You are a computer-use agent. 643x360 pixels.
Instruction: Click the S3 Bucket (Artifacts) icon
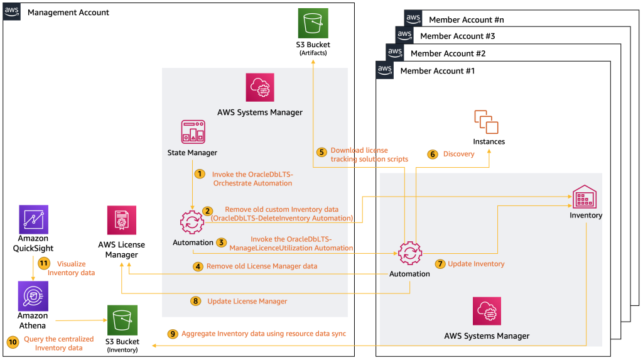click(313, 23)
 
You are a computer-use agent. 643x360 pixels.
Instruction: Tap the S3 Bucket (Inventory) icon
click(122, 320)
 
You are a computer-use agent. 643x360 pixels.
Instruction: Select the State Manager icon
click(193, 132)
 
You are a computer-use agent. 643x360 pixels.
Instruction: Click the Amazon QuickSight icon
click(34, 220)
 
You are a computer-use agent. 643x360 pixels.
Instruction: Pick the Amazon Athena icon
click(33, 296)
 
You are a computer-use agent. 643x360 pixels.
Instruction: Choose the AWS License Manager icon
click(122, 221)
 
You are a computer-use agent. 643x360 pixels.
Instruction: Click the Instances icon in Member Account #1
click(487, 122)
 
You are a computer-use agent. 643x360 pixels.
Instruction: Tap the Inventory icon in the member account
click(585, 197)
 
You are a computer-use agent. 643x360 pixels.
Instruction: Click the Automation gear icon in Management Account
click(192, 222)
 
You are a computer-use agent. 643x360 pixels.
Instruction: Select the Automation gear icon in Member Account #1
click(410, 253)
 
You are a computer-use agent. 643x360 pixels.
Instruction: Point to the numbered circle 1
click(200, 174)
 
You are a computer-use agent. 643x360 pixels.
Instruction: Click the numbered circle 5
click(322, 152)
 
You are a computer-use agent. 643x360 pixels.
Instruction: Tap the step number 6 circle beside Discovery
click(433, 155)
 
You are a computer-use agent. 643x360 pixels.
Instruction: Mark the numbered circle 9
click(173, 334)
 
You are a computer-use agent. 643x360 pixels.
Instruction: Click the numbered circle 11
click(44, 263)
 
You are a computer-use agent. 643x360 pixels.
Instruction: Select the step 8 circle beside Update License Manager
click(196, 302)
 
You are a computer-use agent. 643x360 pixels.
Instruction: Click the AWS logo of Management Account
click(12, 11)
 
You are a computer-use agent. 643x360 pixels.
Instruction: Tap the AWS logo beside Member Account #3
click(404, 35)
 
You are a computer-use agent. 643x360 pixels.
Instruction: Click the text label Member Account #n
click(467, 19)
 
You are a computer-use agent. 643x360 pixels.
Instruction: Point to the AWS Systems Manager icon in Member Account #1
click(487, 311)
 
